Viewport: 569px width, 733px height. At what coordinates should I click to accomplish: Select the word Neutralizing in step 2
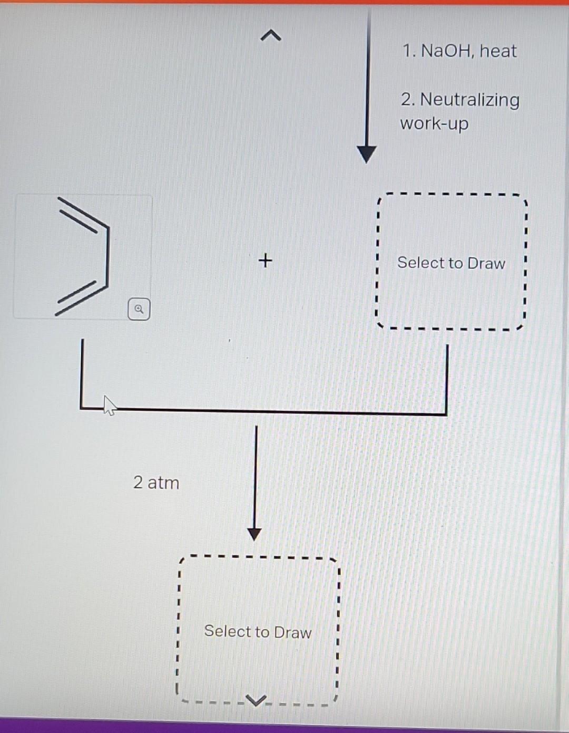click(469, 99)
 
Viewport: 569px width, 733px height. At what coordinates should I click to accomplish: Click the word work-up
click(434, 124)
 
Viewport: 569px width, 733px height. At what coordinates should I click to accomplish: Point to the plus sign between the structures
click(266, 260)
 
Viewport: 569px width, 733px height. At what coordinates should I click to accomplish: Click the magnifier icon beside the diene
click(139, 309)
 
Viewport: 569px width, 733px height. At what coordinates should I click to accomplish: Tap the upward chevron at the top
click(271, 36)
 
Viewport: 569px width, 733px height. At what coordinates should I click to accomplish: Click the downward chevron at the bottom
click(256, 701)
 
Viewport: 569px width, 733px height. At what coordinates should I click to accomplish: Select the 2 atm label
click(156, 483)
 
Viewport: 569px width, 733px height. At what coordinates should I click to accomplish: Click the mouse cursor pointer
click(109, 405)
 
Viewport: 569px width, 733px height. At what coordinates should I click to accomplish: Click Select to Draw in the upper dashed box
click(451, 263)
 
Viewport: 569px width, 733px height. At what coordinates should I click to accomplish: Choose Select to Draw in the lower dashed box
click(258, 631)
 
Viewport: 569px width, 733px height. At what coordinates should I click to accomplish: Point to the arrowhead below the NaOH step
click(367, 155)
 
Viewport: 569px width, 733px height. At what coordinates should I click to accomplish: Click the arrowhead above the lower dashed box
click(254, 534)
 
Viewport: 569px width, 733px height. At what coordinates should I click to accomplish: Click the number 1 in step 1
click(407, 51)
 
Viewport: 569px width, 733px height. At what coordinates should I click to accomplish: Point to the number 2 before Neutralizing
click(406, 99)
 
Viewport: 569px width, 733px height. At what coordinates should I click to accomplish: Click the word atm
click(163, 483)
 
